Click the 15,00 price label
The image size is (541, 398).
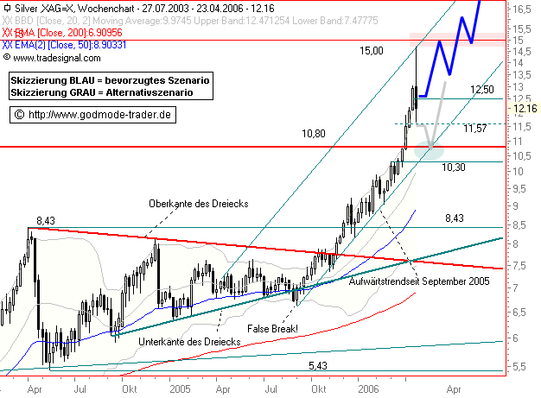(372, 52)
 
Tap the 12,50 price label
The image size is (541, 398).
(481, 90)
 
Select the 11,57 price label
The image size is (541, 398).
(475, 129)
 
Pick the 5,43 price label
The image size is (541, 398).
(319, 365)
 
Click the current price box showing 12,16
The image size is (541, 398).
(525, 109)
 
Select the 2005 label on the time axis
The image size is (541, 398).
(180, 389)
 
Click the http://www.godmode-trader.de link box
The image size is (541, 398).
(94, 114)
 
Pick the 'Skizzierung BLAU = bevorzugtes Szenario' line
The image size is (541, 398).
(109, 79)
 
